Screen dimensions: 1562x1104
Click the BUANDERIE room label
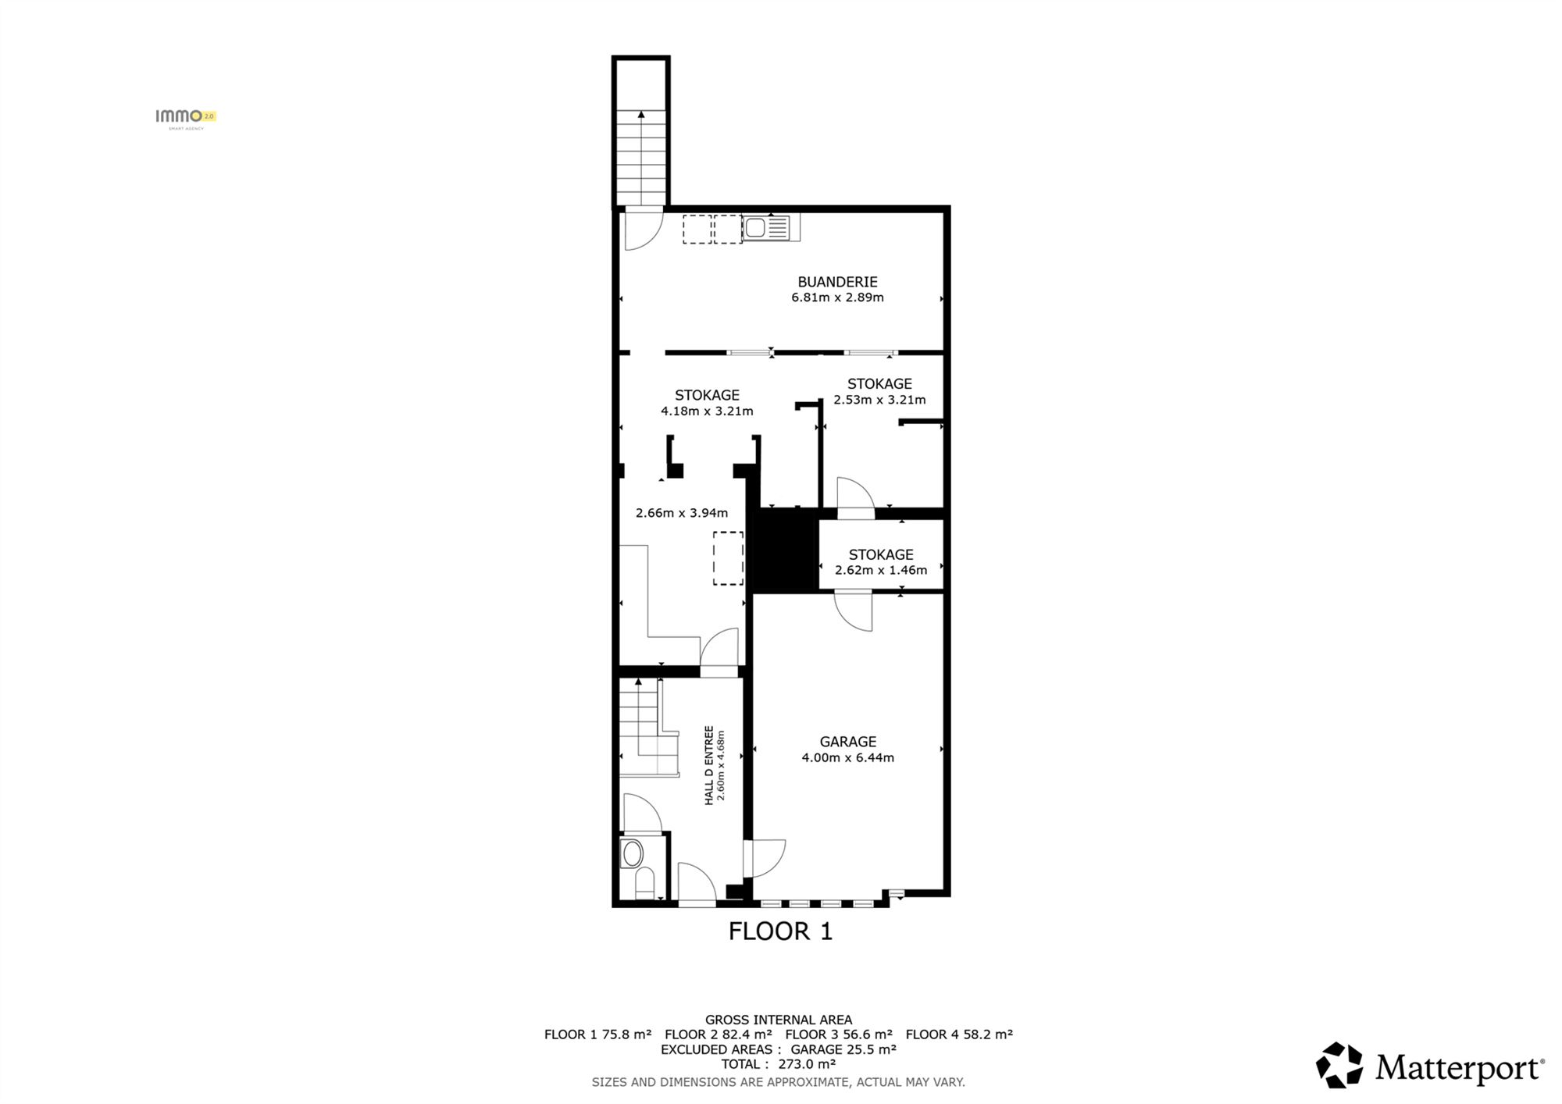(837, 282)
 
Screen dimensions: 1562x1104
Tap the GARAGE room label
(847, 742)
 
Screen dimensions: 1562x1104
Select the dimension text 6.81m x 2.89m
(837, 297)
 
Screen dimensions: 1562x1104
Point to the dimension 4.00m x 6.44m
(847, 757)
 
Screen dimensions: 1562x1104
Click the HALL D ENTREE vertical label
(709, 765)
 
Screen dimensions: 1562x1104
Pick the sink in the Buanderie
(771, 228)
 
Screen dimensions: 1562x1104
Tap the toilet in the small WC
(644, 883)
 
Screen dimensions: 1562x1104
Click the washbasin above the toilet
(631, 853)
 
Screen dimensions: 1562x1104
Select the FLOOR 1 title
(780, 931)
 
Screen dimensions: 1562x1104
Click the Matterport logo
(1430, 1066)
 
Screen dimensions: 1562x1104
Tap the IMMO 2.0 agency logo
(186, 118)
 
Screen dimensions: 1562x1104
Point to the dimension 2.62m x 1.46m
(881, 570)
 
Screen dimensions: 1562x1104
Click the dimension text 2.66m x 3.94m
(682, 513)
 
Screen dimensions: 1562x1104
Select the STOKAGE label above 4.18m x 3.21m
(707, 395)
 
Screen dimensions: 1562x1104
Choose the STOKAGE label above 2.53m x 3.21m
(879, 384)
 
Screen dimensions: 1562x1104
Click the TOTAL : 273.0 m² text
(779, 1064)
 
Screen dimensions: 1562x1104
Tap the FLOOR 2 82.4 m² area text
(719, 1035)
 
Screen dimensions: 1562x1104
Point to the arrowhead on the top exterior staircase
(641, 114)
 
